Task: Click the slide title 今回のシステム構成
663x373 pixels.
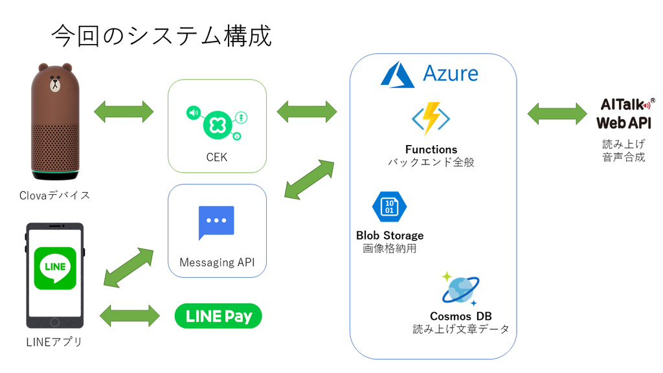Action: point(161,36)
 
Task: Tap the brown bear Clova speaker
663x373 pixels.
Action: point(55,122)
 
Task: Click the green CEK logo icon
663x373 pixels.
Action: point(217,123)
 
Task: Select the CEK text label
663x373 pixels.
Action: point(217,157)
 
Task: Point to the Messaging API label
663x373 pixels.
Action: point(217,263)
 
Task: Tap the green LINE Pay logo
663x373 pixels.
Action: point(218,316)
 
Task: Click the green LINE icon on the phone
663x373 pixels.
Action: point(55,268)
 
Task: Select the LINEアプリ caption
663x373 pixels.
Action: point(54,342)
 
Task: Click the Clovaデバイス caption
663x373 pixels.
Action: point(54,195)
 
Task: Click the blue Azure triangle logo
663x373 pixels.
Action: point(398,74)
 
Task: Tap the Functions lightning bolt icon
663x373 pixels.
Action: point(431,119)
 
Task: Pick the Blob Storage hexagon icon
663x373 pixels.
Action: point(389,207)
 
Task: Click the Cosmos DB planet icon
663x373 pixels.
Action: point(460,289)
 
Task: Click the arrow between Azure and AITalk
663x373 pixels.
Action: point(557,113)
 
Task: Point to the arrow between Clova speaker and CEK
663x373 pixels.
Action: point(124,111)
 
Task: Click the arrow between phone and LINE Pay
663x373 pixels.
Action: point(129,316)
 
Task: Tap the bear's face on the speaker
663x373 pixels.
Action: point(56,84)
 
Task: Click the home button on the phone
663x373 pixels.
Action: point(54,322)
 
